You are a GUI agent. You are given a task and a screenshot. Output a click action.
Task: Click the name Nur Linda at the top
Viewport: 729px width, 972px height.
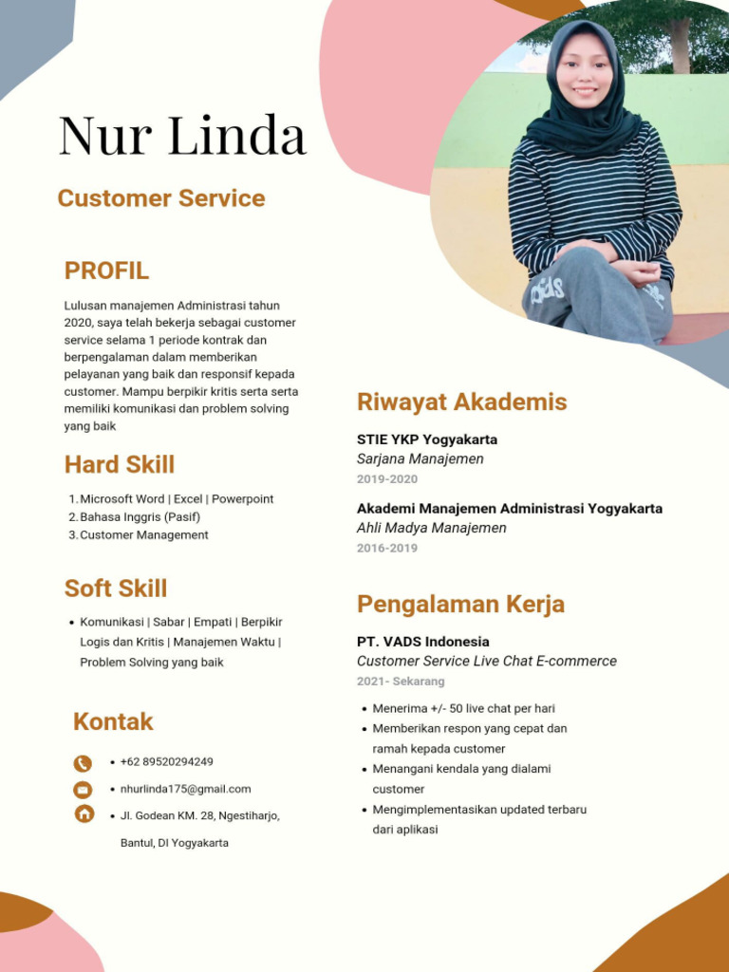pos(182,136)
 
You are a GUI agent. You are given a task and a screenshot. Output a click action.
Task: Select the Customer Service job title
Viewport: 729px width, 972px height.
pos(160,198)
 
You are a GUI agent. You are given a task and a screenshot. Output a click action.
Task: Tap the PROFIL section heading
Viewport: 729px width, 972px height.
pos(106,271)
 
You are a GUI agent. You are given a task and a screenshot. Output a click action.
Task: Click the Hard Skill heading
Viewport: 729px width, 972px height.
pos(120,464)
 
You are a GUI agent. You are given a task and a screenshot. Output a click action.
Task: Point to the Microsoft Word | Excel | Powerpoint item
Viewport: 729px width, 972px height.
pos(177,499)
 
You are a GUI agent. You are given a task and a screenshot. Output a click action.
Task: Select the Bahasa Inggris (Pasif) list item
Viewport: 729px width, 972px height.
pos(140,517)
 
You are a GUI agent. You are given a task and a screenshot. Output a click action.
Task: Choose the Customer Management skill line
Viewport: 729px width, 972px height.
pos(143,535)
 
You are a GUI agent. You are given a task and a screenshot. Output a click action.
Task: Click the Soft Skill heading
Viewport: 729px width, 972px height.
pos(116,589)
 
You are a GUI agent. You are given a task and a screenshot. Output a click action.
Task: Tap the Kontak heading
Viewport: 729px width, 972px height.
pos(113,721)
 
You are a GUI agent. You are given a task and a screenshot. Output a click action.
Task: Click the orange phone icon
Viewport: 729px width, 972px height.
pos(84,763)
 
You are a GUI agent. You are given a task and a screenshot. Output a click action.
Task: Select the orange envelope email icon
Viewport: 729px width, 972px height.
pos(84,790)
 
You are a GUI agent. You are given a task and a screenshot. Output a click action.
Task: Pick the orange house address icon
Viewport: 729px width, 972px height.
pos(84,813)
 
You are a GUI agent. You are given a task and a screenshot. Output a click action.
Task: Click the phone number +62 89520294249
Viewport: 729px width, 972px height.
pos(166,762)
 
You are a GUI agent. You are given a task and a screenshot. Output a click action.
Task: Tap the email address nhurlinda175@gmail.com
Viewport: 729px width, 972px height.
pos(185,789)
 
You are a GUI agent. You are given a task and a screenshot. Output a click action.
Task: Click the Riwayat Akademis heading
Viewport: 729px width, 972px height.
pos(461,402)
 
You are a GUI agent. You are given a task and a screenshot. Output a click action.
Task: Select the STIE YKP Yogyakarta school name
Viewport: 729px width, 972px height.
pos(426,439)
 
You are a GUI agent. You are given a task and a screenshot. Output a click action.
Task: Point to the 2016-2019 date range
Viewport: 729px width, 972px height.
pos(386,549)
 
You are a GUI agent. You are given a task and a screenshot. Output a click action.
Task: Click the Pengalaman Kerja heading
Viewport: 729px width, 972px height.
pos(460,604)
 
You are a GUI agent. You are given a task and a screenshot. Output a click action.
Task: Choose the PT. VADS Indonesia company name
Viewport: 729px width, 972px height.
pos(422,642)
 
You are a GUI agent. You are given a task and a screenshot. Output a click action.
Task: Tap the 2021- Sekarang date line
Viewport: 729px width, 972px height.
pos(400,682)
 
